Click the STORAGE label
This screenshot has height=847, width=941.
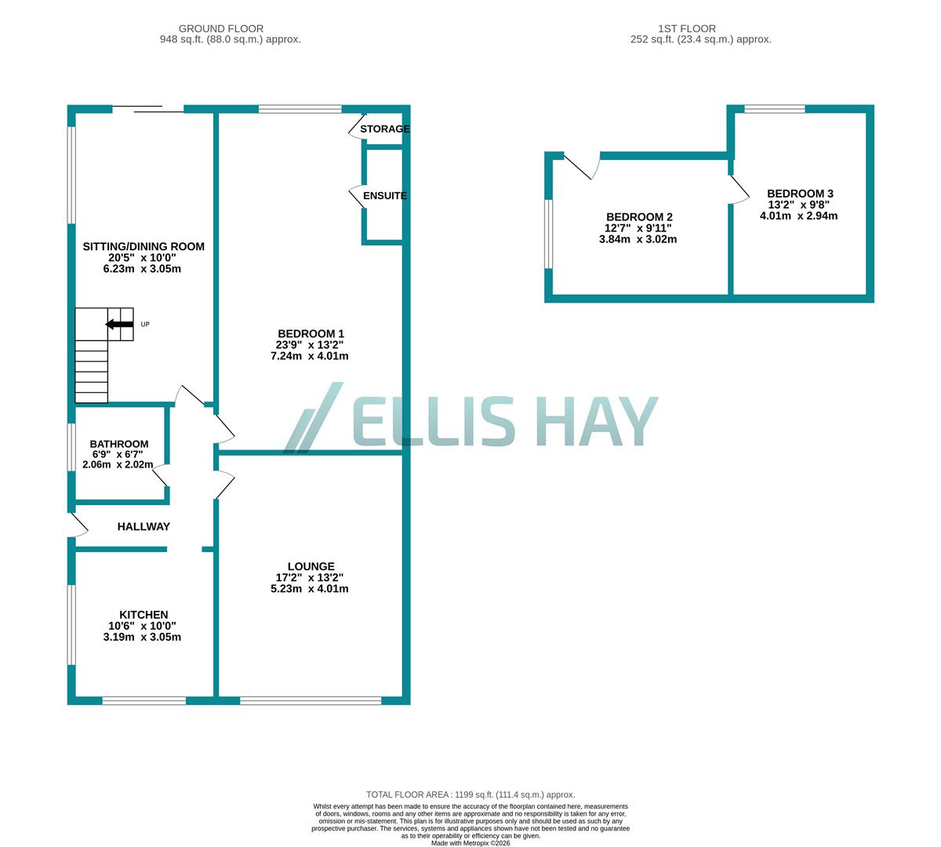click(385, 129)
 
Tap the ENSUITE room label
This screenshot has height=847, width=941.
click(385, 195)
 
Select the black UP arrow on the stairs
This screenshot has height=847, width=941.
click(119, 324)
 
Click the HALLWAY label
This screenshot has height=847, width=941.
click(144, 527)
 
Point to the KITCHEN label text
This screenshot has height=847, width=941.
click(144, 615)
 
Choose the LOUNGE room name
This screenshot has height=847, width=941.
click(311, 566)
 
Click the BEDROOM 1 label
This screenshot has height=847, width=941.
click(311, 333)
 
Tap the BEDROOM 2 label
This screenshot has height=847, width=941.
click(639, 217)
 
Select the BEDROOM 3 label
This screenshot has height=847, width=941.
click(800, 194)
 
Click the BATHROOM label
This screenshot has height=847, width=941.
click(118, 444)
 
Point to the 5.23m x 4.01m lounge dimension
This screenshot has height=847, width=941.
click(310, 589)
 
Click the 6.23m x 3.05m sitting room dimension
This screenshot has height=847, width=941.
click(143, 269)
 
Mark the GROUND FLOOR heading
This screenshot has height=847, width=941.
click(221, 29)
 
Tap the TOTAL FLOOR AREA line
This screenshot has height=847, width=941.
click(470, 794)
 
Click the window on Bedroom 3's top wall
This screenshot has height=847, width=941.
click(775, 109)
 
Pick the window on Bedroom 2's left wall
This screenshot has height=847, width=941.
click(549, 234)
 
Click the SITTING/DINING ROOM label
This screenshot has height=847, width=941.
click(144, 246)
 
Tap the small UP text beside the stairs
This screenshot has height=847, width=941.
click(145, 324)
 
